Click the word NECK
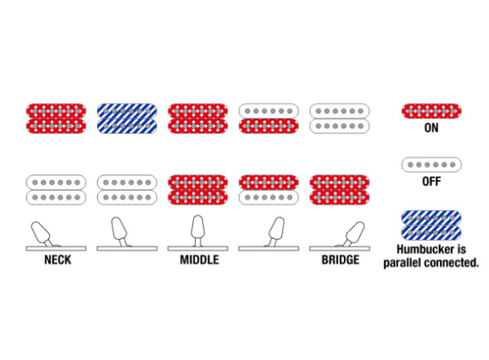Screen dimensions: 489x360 58,260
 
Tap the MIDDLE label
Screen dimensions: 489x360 199,260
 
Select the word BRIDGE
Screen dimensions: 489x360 341,260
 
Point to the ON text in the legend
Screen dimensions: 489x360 431,128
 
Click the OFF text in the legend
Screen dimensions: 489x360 431,182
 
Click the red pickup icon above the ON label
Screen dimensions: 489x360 431,111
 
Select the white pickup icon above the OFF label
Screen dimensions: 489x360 431,164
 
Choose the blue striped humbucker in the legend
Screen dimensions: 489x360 431,225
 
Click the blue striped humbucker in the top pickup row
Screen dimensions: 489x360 127,119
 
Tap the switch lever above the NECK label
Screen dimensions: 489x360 41,234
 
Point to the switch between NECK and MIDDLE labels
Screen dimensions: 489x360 119,232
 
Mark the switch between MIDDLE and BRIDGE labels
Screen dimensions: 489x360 276,232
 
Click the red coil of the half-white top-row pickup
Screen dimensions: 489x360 269,126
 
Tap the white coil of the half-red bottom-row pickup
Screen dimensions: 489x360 269,197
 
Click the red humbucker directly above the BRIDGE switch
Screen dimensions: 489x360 339,190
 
